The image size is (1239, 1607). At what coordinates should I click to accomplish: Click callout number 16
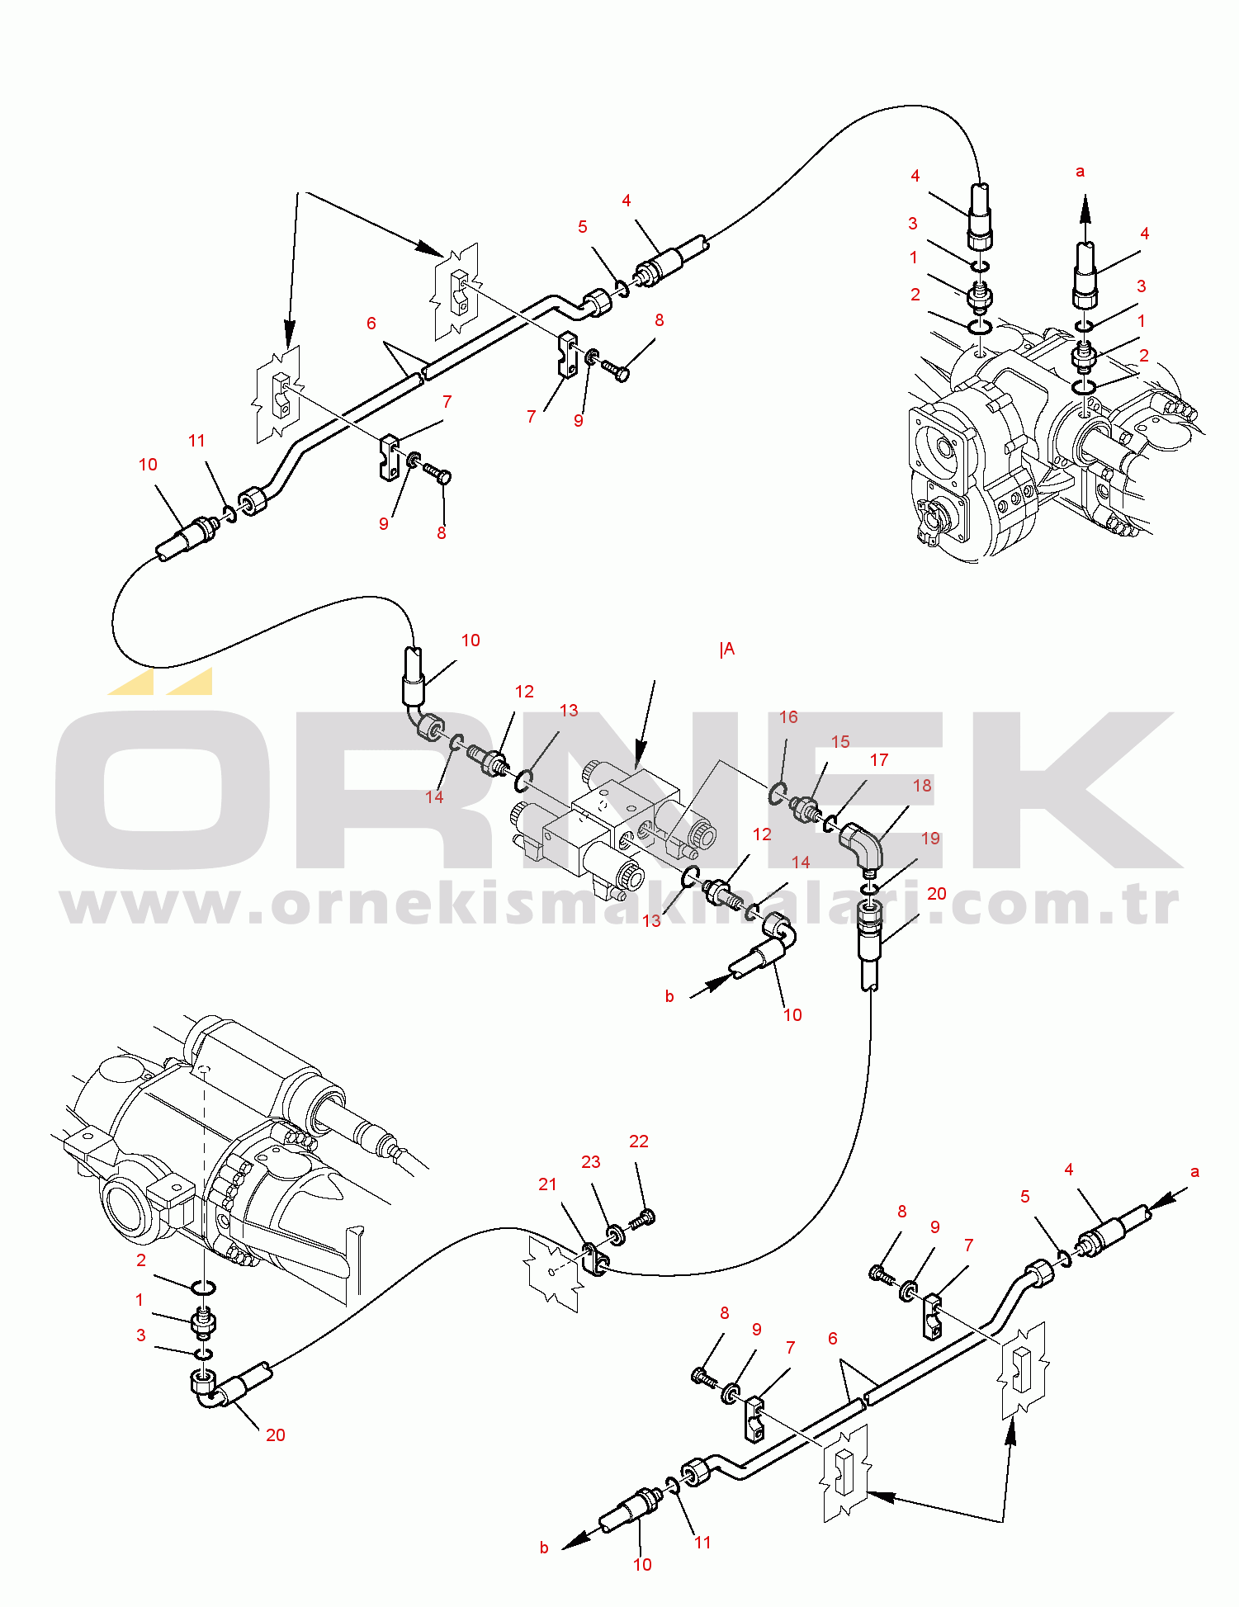point(788,716)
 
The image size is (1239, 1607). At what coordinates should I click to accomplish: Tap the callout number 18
point(922,785)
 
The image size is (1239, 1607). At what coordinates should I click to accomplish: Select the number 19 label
point(930,838)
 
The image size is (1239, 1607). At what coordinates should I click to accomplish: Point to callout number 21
point(547,1184)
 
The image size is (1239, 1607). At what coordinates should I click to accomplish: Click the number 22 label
point(639,1141)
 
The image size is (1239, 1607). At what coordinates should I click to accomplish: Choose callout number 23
point(590,1161)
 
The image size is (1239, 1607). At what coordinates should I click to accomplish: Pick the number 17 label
point(879,759)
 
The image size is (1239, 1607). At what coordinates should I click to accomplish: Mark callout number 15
point(840,741)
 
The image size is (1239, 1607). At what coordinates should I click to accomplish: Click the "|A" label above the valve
point(726,650)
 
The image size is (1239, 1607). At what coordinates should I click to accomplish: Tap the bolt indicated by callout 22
point(642,1217)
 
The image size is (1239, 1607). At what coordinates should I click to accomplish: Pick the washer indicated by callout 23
point(616,1236)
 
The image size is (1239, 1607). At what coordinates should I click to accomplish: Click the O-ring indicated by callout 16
point(776,794)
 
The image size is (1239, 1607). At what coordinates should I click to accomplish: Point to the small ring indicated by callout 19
point(868,888)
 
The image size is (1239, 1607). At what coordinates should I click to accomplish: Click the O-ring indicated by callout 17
point(829,823)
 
